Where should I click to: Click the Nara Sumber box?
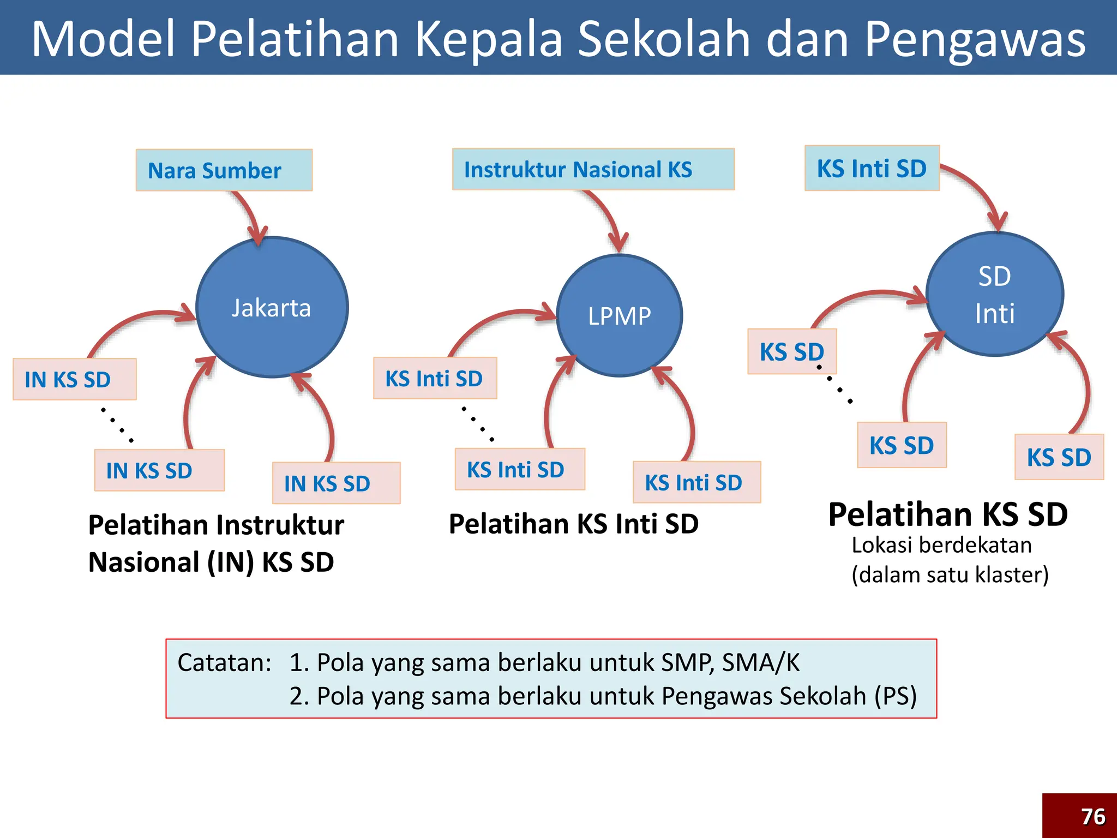[224, 170]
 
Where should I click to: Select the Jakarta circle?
[272, 307]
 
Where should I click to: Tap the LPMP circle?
[620, 315]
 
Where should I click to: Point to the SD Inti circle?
[994, 295]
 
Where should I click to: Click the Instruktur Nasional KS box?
[593, 169]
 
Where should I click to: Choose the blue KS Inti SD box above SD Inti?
[872, 168]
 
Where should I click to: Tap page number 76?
[1092, 817]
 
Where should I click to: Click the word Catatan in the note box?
[224, 662]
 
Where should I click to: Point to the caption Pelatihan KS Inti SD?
[573, 524]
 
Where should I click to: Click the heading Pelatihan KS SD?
[947, 514]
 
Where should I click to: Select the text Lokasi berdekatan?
[941, 545]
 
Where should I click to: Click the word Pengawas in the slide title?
[975, 39]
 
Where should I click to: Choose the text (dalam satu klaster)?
[950, 574]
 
